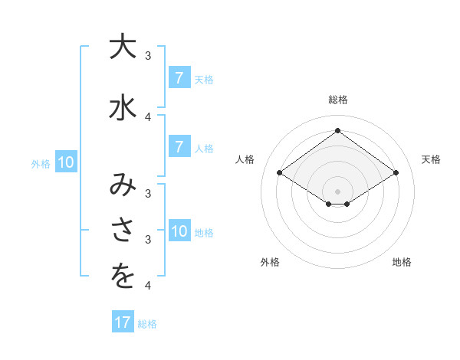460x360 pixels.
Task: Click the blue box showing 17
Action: tap(123, 322)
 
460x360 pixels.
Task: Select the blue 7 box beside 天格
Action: tap(179, 77)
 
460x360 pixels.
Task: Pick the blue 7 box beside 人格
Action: tap(179, 147)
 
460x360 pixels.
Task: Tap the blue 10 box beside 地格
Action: tap(179, 231)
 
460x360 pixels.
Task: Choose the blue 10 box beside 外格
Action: tap(65, 162)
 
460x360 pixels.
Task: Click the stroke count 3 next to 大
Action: tap(148, 56)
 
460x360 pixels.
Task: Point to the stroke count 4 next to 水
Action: tap(148, 117)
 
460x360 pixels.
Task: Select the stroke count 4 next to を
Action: tap(148, 286)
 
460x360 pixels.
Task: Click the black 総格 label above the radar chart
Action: tap(337, 100)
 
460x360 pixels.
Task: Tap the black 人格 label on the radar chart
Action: tap(245, 159)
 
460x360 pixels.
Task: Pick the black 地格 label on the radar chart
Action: tap(402, 262)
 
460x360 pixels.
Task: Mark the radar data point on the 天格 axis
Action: tap(396, 173)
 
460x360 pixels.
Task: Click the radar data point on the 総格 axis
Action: tap(337, 131)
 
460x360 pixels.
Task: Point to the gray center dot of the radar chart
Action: tap(337, 191)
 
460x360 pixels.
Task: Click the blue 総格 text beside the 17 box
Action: tap(147, 324)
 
